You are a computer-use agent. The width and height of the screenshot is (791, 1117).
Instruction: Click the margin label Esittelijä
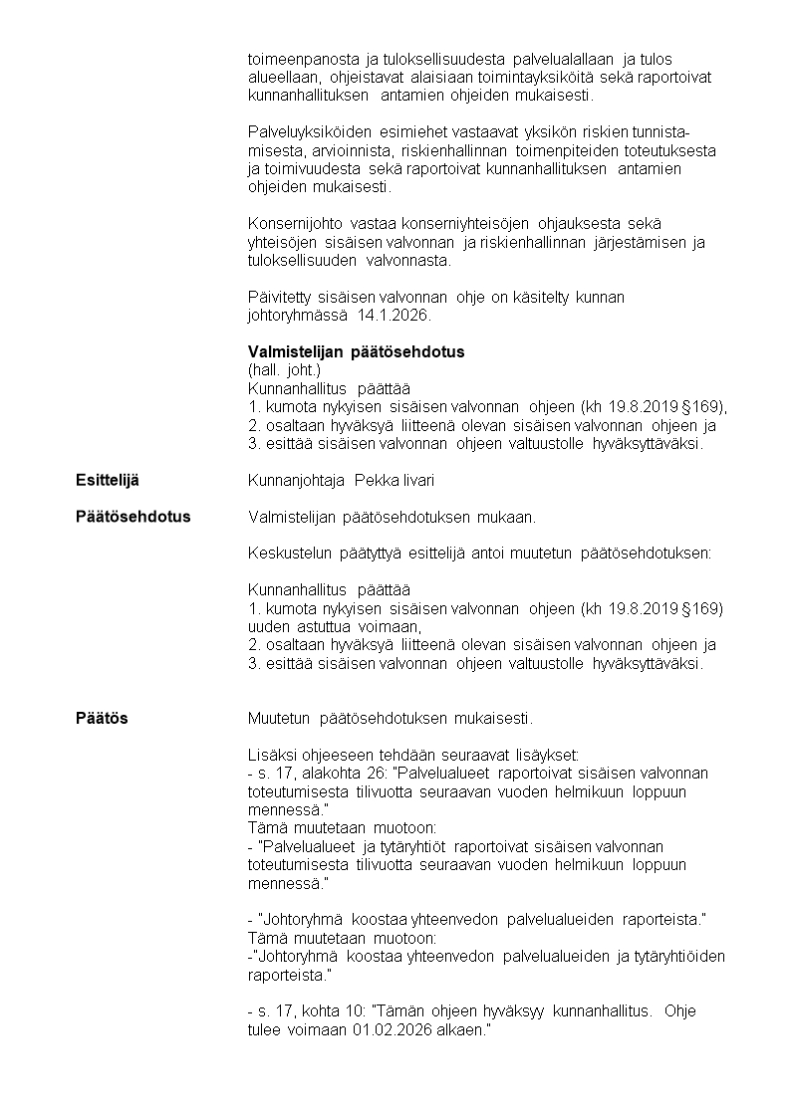point(108,481)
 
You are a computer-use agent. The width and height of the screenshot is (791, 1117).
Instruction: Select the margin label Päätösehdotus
point(132,517)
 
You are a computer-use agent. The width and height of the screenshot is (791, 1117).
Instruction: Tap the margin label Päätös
point(103,718)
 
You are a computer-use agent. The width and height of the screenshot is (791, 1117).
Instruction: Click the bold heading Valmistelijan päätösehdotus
point(356,352)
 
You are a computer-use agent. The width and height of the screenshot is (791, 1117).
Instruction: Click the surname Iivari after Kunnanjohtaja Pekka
point(413,481)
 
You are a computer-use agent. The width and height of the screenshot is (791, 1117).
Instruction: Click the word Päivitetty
point(278,298)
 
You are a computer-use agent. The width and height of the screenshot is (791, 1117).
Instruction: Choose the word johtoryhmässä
point(295,316)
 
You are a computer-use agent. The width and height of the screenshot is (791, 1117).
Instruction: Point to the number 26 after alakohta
point(380,773)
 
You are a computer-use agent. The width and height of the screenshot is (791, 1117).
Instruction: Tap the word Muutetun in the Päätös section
point(279,718)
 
